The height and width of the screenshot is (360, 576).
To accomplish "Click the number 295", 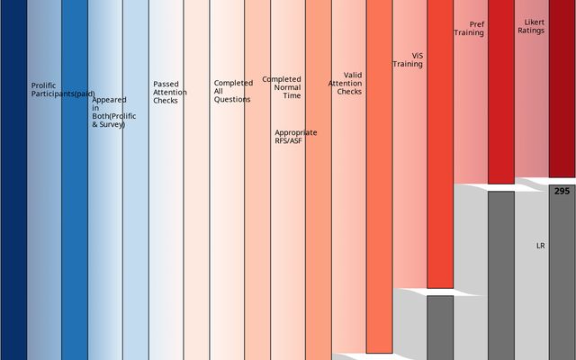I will pos(562,192).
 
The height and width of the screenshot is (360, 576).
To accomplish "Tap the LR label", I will pos(541,246).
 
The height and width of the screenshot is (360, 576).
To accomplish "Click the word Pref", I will pos(476,23).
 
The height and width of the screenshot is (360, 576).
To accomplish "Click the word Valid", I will pos(353,76).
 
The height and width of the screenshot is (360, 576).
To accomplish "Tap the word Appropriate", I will pos(295,133).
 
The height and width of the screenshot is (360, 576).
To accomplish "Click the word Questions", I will pos(232,100).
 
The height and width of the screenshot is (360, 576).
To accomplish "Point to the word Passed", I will pos(166,84).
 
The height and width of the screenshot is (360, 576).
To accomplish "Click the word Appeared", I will pos(109,100).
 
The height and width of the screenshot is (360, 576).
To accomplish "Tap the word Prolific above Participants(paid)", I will pos(43,85).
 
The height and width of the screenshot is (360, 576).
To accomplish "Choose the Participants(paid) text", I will pos(63,94).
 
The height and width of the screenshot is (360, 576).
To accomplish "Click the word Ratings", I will pos(531,31).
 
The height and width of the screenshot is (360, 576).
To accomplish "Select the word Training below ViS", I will pos(408,65).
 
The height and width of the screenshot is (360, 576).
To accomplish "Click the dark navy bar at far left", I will pos(13,180).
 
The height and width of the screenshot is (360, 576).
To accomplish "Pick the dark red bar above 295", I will pos(562,90).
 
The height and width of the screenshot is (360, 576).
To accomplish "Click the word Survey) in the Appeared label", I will pos(111,124).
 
